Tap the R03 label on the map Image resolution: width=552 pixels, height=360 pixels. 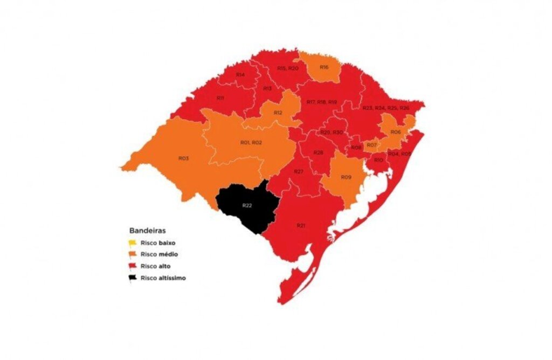click(183, 158)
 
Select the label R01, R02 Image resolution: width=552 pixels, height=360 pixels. click(251, 142)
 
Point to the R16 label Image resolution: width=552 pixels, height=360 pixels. click(324, 67)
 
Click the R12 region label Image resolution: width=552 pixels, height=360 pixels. click(278, 113)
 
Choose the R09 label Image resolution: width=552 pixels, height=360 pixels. click(346, 177)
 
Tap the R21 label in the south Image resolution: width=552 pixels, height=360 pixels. click(300, 225)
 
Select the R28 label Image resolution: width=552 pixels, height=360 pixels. click(318, 153)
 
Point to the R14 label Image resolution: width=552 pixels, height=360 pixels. click(240, 74)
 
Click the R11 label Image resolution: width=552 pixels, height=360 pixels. click(220, 98)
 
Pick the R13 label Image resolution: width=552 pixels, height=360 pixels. click(267, 88)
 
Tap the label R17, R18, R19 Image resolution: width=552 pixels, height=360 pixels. click(322, 102)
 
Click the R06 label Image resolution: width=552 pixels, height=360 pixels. click(396, 132)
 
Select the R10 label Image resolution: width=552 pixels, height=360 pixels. click(378, 160)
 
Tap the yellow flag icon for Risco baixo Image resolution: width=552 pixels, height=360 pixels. click(133, 243)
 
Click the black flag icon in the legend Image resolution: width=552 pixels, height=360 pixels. click(133, 279)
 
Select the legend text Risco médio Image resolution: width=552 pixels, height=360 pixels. click(159, 254)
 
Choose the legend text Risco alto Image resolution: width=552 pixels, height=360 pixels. click(156, 266)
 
